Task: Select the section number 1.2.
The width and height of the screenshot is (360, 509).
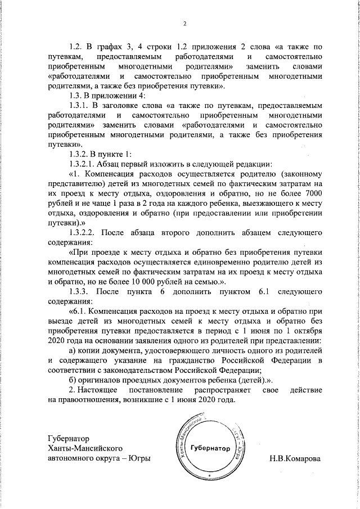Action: pyautogui.click(x=75, y=47)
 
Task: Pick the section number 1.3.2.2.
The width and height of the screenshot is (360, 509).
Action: pyautogui.click(x=84, y=232)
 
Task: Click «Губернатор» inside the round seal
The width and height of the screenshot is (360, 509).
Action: pyautogui.click(x=210, y=448)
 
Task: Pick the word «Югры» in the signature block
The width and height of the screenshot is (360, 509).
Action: pyautogui.click(x=141, y=458)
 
